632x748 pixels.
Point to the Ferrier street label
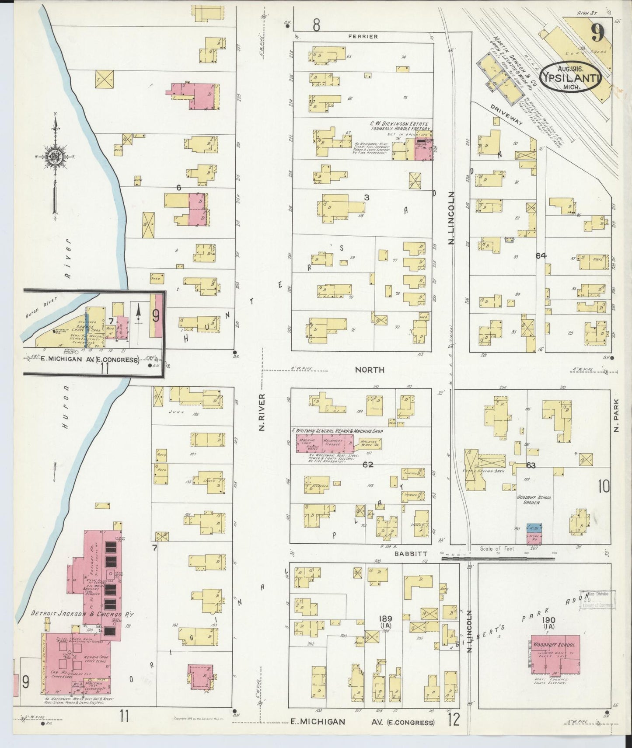pyautogui.click(x=363, y=37)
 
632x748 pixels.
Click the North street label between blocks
pyautogui.click(x=369, y=370)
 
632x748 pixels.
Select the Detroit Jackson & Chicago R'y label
pyautogui.click(x=82, y=614)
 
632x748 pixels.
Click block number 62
pyautogui.click(x=368, y=465)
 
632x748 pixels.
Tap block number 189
pyautogui.click(x=386, y=619)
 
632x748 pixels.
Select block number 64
pyautogui.click(x=541, y=255)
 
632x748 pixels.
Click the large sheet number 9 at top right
pyautogui.click(x=597, y=31)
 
